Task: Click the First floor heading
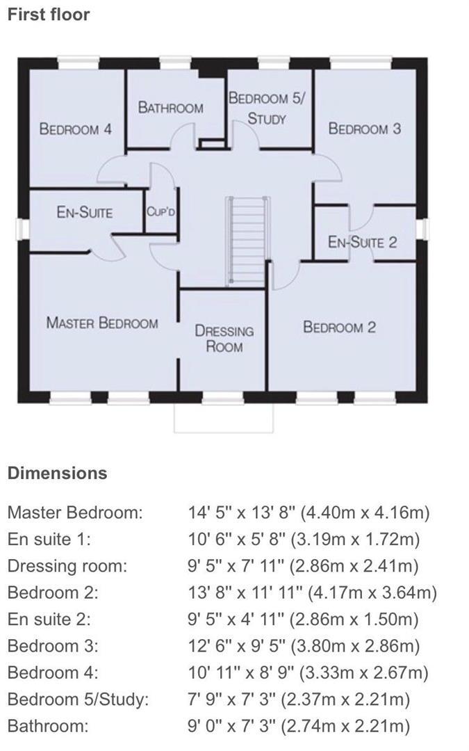pyautogui.click(x=49, y=15)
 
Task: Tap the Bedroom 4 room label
pyautogui.click(x=76, y=129)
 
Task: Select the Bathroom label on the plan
pyautogui.click(x=170, y=107)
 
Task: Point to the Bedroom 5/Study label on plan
pyautogui.click(x=267, y=108)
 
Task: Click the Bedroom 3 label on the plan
pyautogui.click(x=365, y=129)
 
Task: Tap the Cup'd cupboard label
pyautogui.click(x=161, y=211)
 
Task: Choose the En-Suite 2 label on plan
pyautogui.click(x=362, y=242)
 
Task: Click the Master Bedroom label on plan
pyautogui.click(x=102, y=323)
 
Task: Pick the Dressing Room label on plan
pyautogui.click(x=224, y=339)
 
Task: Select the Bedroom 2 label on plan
pyautogui.click(x=339, y=328)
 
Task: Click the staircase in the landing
pyautogui.click(x=247, y=240)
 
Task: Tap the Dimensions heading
pyautogui.click(x=58, y=474)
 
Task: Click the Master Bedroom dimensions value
pyautogui.click(x=309, y=512)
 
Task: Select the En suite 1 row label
pyautogui.click(x=49, y=540)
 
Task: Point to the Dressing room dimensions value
pyautogui.click(x=304, y=566)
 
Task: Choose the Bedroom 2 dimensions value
pyautogui.click(x=313, y=592)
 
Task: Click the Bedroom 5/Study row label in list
pyautogui.click(x=79, y=700)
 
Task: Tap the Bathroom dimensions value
pyautogui.click(x=299, y=726)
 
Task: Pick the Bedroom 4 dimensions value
pyautogui.click(x=308, y=673)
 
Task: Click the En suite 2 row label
pyautogui.click(x=49, y=620)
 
